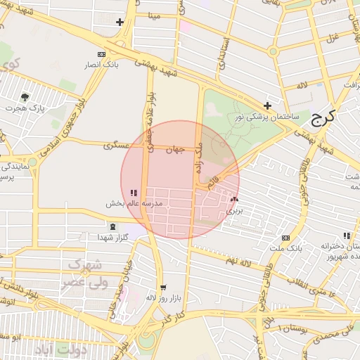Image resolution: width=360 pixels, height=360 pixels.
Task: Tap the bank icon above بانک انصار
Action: point(101,53)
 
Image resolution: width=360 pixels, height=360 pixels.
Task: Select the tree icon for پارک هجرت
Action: point(26,97)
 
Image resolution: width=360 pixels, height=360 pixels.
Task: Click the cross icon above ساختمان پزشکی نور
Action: point(268,105)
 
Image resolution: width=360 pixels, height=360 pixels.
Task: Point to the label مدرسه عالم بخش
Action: point(134,203)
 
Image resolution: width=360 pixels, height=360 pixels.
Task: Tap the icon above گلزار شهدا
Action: point(114,226)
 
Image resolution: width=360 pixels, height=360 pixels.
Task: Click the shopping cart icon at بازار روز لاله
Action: point(164,287)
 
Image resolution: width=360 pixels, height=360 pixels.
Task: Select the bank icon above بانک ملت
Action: point(285,238)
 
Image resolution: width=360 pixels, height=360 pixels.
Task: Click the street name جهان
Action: point(174,149)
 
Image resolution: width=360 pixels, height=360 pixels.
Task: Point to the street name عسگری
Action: point(117,146)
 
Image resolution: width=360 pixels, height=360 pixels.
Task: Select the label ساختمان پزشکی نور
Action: point(266,117)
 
